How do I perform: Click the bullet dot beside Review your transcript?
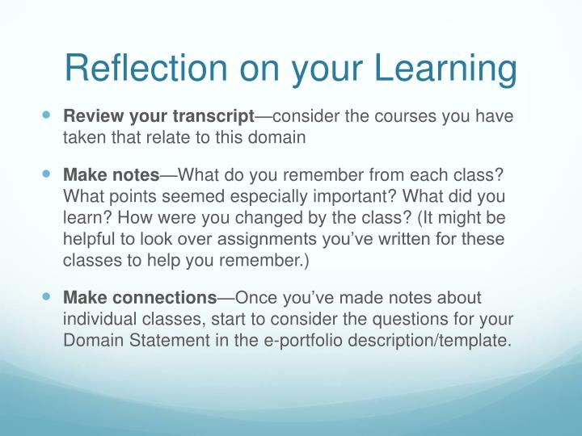tap(46, 116)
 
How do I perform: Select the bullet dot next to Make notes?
tap(46, 174)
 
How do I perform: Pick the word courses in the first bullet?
tap(401, 116)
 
